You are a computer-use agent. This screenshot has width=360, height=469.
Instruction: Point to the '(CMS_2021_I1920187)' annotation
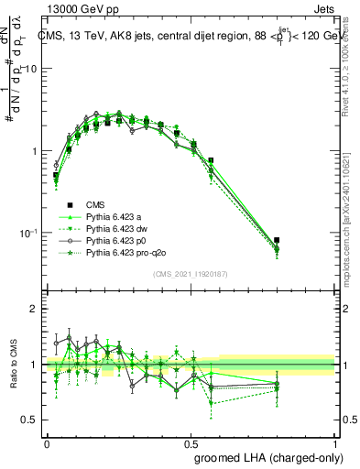click(x=191, y=274)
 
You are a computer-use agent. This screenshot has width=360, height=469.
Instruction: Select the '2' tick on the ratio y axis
click(x=34, y=310)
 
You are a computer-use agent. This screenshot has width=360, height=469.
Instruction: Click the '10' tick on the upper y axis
click(x=31, y=70)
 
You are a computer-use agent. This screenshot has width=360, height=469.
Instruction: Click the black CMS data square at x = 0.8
click(x=277, y=240)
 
